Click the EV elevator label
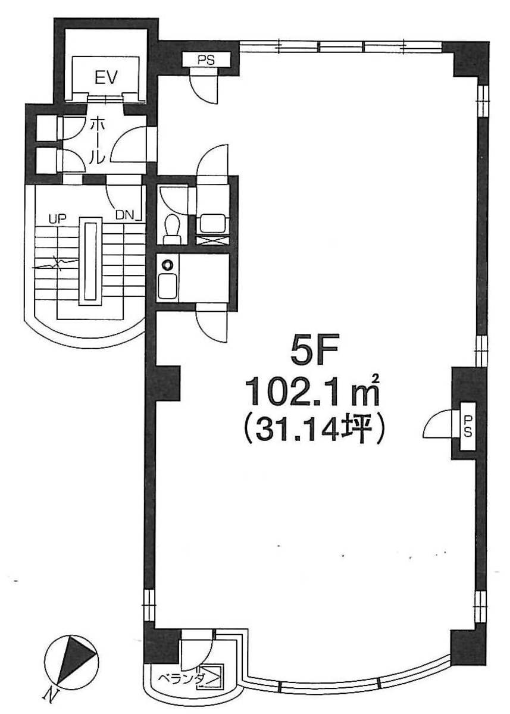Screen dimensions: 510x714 point(106,77)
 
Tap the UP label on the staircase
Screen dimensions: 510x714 point(57,218)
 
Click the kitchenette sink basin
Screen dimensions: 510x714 point(168,286)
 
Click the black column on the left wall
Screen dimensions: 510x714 point(167,383)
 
